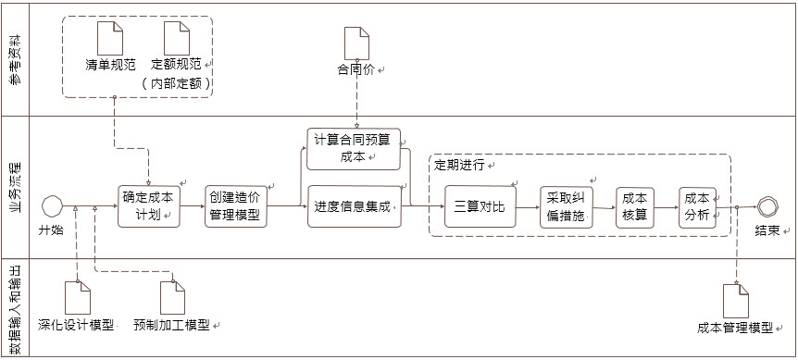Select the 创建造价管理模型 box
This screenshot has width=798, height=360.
click(x=235, y=206)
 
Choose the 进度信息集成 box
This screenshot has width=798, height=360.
click(x=353, y=205)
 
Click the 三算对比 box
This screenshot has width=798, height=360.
click(x=478, y=206)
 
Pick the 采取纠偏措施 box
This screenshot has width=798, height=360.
click(x=565, y=206)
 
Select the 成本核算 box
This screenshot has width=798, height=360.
click(x=634, y=206)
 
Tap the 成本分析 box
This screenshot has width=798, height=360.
click(x=696, y=206)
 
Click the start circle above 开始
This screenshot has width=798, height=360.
click(x=52, y=205)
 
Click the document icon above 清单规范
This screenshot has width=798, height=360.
click(x=111, y=39)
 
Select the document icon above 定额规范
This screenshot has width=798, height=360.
click(x=176, y=39)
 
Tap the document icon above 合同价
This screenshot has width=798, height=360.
click(x=356, y=43)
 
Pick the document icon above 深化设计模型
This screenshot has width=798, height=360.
click(x=76, y=297)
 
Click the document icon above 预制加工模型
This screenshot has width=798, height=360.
click(x=172, y=297)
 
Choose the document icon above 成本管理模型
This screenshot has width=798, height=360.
click(x=735, y=301)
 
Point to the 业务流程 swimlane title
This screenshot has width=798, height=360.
click(x=16, y=188)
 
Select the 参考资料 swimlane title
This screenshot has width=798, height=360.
click(x=16, y=60)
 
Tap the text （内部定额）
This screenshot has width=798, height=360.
click(x=177, y=83)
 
